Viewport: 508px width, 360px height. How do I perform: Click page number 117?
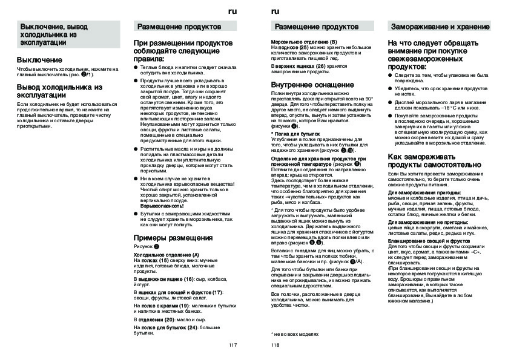coord(233,345)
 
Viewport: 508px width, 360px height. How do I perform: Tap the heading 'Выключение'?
coord(39,60)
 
